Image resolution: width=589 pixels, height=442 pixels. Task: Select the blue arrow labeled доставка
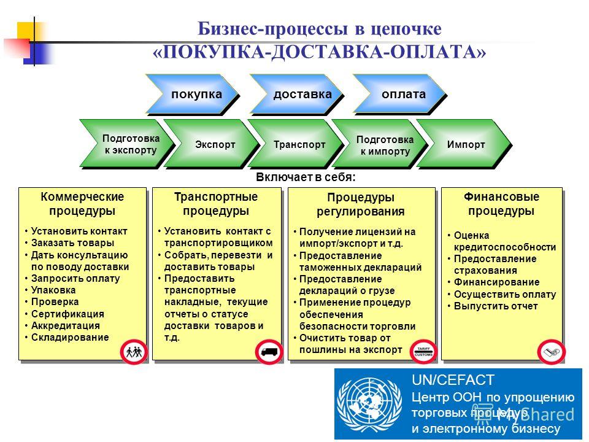click(x=296, y=94)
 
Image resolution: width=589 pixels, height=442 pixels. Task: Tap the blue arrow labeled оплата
click(x=399, y=94)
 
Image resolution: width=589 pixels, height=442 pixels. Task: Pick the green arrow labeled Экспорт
click(x=212, y=144)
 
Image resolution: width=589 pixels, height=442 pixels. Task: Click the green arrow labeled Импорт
click(x=464, y=144)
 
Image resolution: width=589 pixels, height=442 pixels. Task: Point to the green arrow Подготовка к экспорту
click(x=128, y=144)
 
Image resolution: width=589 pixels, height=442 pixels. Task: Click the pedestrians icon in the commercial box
click(x=134, y=352)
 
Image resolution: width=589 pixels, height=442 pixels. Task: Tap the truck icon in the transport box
click(x=269, y=352)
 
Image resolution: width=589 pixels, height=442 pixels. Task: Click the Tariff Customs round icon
click(x=423, y=352)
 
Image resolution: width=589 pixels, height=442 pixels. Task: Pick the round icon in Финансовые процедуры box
click(x=551, y=352)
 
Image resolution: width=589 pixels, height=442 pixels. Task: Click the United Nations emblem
click(x=369, y=405)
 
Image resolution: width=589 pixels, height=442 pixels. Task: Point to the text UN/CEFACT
click(x=453, y=380)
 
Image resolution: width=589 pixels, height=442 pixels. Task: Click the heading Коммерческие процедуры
click(x=82, y=204)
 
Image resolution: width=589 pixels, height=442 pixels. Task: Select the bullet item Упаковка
click(x=53, y=290)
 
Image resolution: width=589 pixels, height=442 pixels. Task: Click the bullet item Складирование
click(x=70, y=338)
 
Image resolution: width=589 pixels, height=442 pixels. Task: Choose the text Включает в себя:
click(x=306, y=177)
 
